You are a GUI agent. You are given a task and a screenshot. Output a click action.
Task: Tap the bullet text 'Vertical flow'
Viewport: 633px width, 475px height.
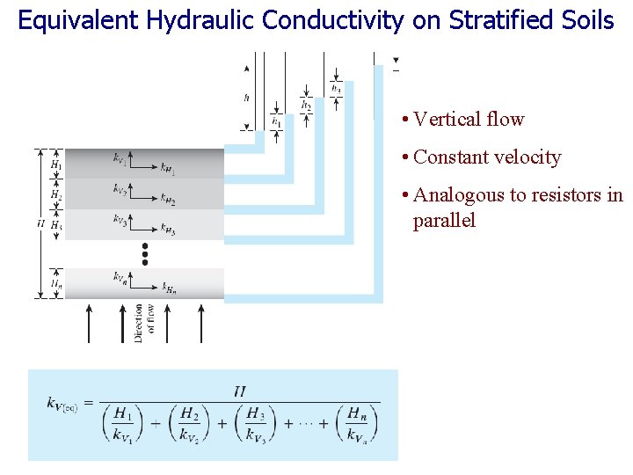[469, 119]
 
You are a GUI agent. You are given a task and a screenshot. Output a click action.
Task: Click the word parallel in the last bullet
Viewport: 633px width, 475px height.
[444, 220]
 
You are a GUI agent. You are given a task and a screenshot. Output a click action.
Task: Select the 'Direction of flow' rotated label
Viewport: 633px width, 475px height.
[145, 323]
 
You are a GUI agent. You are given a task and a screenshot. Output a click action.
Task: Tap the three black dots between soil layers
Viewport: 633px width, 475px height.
[145, 253]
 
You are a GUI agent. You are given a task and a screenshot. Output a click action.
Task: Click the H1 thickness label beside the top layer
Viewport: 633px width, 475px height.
[55, 164]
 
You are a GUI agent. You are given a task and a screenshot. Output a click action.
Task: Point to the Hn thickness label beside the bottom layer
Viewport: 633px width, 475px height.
[55, 283]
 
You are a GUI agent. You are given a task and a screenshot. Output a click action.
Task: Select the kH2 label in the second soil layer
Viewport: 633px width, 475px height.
[167, 201]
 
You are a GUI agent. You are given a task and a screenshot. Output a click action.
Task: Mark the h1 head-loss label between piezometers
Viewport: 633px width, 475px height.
[276, 121]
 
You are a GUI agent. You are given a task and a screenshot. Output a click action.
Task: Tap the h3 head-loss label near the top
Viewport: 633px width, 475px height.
[336, 89]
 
